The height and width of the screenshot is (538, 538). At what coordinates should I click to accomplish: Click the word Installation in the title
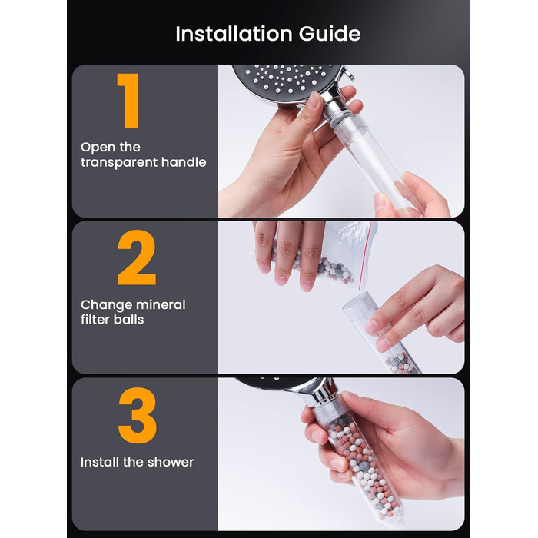[x=234, y=34]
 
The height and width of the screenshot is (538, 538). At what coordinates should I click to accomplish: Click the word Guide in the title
[x=330, y=34]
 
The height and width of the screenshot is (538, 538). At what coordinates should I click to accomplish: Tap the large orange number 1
[x=128, y=101]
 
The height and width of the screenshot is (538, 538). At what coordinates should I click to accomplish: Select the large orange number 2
[x=137, y=257]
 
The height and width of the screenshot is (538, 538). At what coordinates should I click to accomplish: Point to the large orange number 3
[x=138, y=415]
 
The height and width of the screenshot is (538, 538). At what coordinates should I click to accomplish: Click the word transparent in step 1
[x=119, y=162]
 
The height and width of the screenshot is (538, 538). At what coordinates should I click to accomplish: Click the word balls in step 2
[x=128, y=320]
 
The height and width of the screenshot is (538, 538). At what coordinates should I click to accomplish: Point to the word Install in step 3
[x=100, y=462]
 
